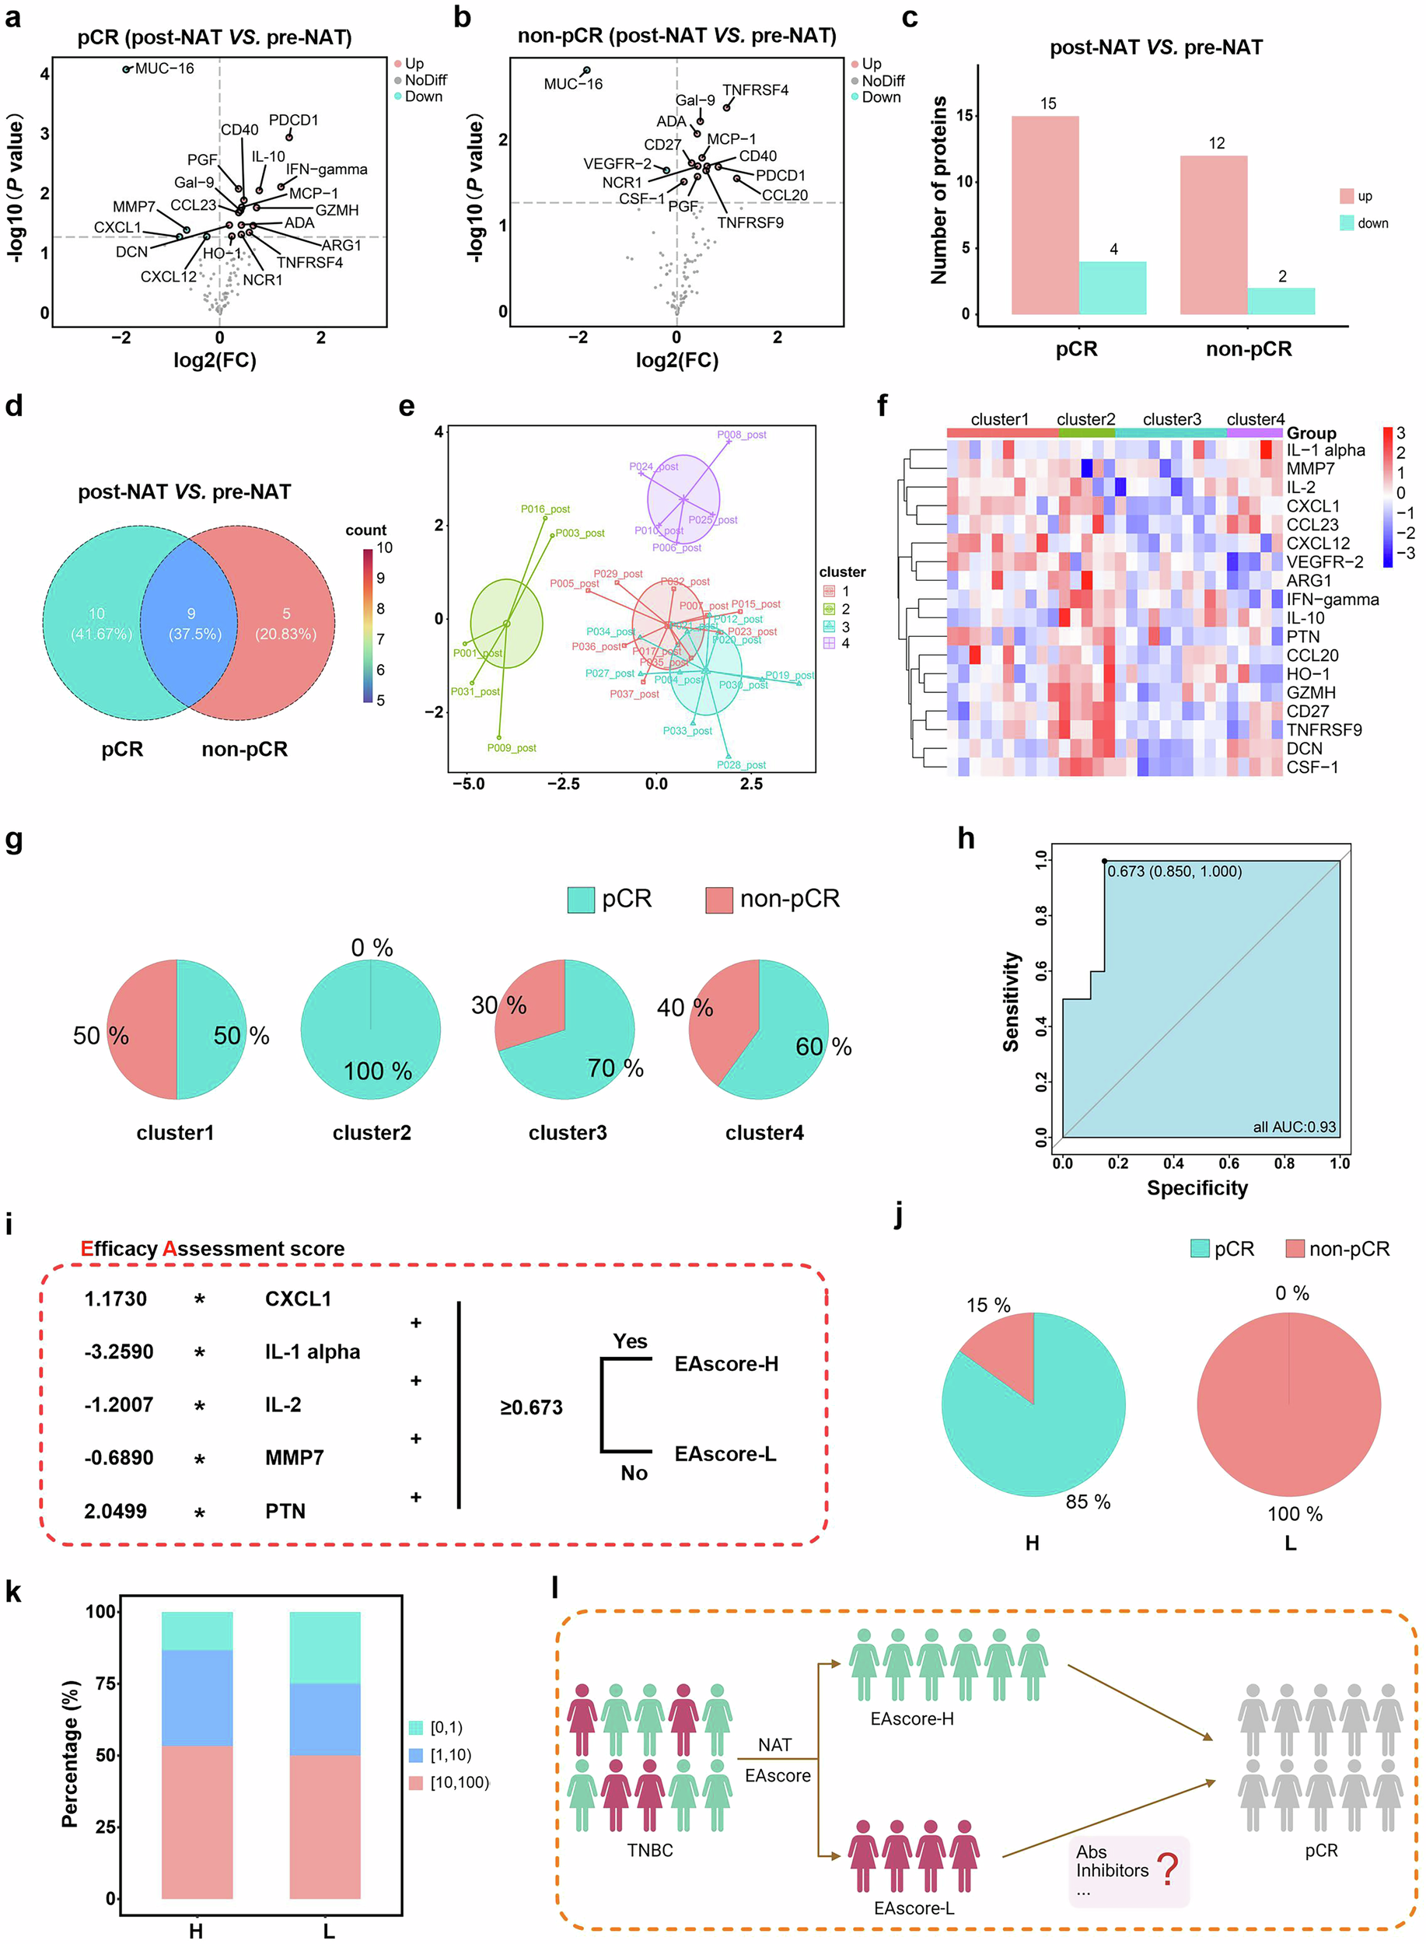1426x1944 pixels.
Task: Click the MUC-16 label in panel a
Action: tap(164, 68)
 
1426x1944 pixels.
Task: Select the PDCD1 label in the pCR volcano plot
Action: tap(293, 120)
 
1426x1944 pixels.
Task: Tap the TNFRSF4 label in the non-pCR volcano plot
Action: tap(755, 89)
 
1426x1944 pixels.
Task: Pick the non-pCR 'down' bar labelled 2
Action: tap(1281, 300)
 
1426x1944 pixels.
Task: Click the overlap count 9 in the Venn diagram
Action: tap(191, 614)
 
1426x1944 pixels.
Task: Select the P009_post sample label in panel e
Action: tap(512, 747)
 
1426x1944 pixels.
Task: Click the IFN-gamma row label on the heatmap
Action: tap(1332, 599)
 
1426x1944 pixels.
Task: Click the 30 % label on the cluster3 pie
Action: tap(499, 1005)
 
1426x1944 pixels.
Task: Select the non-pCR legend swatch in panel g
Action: tap(719, 900)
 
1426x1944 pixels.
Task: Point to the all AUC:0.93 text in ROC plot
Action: tap(1294, 1127)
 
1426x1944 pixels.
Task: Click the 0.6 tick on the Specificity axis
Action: tap(1229, 1163)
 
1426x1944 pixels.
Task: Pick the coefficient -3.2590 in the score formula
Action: tap(119, 1351)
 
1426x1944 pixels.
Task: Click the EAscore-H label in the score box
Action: tap(726, 1364)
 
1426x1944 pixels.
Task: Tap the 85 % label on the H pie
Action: tap(1088, 1502)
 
